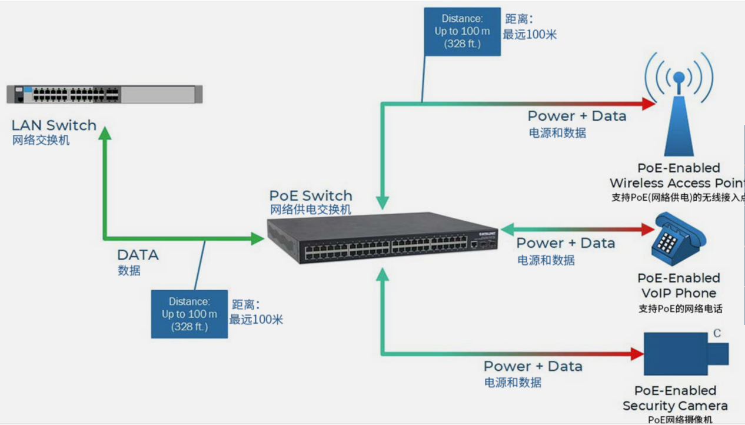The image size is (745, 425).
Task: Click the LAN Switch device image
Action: [104, 94]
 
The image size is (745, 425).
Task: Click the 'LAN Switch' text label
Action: [54, 125]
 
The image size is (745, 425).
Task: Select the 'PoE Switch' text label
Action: [311, 195]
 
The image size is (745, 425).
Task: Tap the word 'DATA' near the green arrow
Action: [138, 255]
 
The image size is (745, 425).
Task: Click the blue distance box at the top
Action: [463, 31]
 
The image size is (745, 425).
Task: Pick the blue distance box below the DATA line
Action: [189, 314]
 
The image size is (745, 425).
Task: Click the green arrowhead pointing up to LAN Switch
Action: [105, 134]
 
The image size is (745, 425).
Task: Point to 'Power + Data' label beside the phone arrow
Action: [566, 243]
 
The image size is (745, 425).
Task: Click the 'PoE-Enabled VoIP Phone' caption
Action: [679, 285]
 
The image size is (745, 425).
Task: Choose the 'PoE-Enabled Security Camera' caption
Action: [675, 398]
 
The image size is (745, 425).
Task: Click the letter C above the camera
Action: [717, 334]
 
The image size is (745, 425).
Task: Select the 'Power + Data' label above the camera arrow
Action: [533, 366]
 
